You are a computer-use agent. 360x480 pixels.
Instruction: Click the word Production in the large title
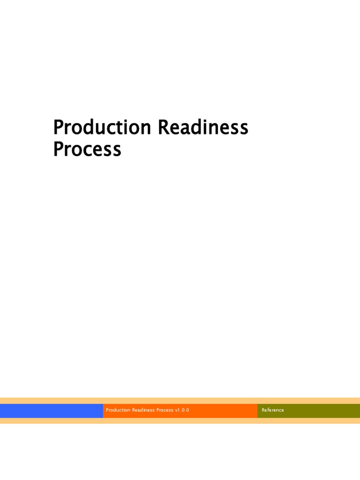tap(102, 127)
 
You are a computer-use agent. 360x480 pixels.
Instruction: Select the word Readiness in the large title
tap(203, 127)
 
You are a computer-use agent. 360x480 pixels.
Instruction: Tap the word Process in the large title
tap(87, 150)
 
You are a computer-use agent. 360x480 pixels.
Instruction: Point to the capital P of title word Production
tap(58, 127)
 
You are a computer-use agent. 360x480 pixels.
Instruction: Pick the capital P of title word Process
tap(58, 150)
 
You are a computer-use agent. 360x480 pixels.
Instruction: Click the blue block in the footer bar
tap(52, 411)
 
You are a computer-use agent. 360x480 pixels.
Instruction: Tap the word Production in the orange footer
tap(118, 410)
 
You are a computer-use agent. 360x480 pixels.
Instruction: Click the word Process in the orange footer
tap(165, 410)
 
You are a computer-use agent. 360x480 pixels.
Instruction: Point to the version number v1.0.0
tap(182, 410)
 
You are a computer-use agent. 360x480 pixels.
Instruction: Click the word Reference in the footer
tap(273, 410)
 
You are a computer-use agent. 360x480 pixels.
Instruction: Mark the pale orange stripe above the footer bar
tap(180, 401)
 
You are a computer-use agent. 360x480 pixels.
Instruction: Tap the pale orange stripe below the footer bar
tap(180, 421)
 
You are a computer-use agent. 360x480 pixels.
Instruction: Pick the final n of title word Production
tap(145, 129)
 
